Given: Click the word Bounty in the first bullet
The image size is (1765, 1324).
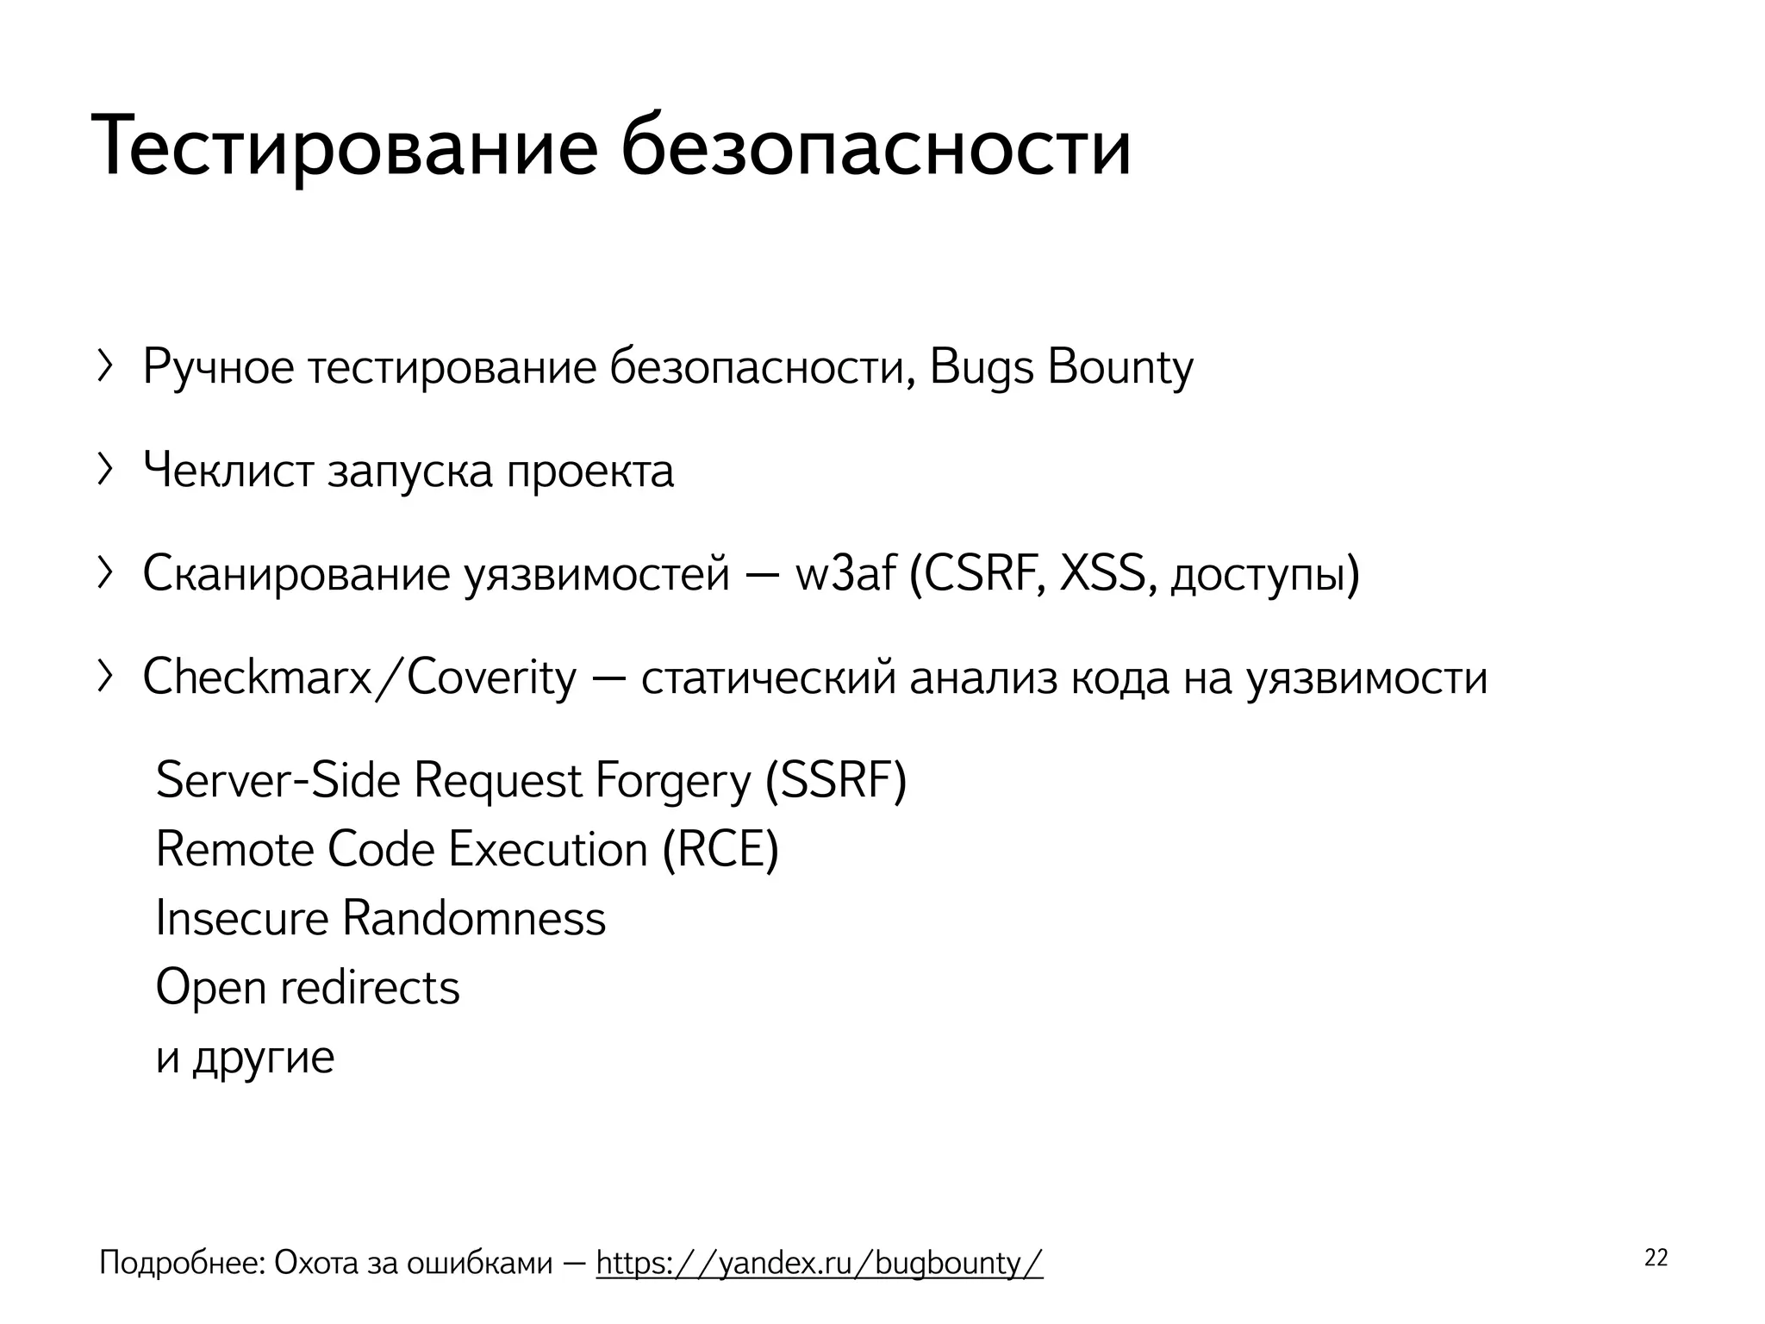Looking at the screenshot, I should coord(1120,368).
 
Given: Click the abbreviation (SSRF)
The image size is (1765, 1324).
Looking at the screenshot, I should coord(836,781).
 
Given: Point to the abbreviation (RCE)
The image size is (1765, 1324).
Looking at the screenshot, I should coord(720,850).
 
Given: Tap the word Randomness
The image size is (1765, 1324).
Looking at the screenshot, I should coord(474,918).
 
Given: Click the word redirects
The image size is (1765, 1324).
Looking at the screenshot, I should coord(370,988).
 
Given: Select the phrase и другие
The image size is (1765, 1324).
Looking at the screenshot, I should coord(245,1057).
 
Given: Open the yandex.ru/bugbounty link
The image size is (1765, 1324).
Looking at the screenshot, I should coord(819,1263).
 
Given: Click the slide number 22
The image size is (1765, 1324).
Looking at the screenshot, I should coord(1656,1258).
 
